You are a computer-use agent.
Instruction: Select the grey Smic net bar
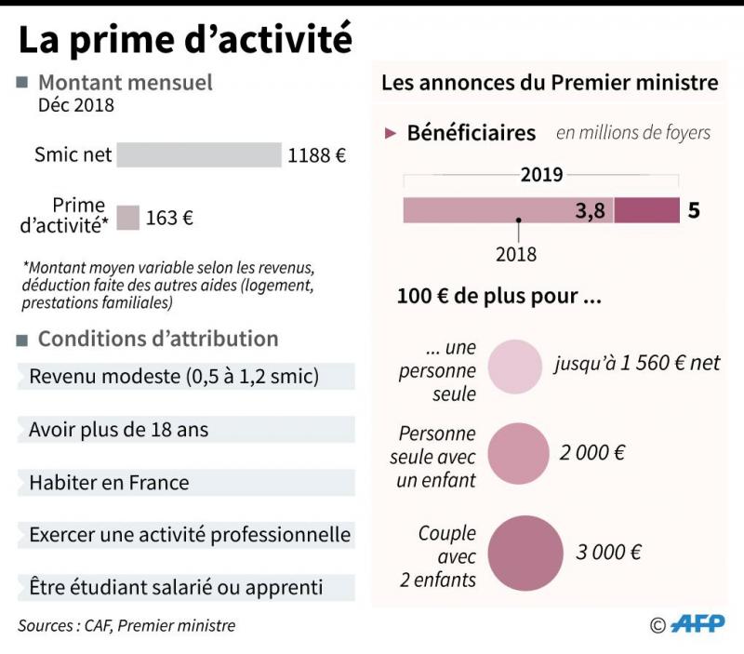[x=199, y=154]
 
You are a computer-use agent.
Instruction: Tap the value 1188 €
[x=316, y=155]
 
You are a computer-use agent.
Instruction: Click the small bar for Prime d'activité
[x=128, y=218]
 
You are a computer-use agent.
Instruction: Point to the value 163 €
[x=169, y=219]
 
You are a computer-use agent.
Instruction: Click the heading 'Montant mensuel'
[x=126, y=83]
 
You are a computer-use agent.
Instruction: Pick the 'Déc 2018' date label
[x=76, y=105]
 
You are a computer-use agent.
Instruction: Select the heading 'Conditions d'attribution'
[x=158, y=339]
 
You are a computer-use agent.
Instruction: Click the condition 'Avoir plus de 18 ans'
[x=119, y=430]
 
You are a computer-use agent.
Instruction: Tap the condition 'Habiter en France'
[x=109, y=483]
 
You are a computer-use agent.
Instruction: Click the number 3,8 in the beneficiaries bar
[x=591, y=211]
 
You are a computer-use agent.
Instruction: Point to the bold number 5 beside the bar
[x=694, y=211]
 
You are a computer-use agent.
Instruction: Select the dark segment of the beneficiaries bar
[x=646, y=211]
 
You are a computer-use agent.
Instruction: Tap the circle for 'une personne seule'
[x=514, y=367]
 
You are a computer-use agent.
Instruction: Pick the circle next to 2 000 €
[x=519, y=454]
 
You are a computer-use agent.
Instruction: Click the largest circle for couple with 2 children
[x=525, y=553]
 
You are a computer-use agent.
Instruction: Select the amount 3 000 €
[x=608, y=552]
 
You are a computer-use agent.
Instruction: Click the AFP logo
[x=697, y=624]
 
